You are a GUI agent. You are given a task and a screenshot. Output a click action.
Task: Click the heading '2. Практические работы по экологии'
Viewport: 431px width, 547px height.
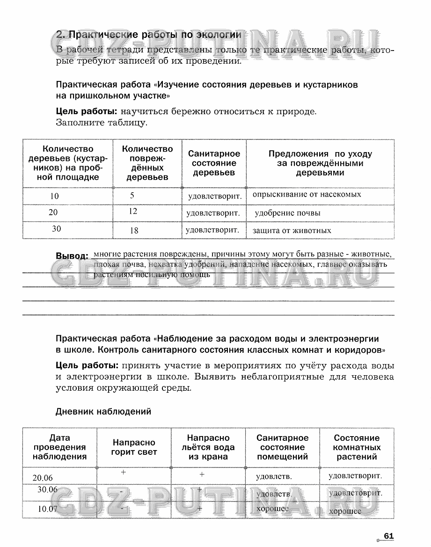[148, 35]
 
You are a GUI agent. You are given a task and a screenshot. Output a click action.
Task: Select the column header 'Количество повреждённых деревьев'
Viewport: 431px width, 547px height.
[147, 163]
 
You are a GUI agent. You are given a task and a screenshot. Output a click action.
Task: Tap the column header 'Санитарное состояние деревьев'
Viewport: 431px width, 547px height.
[214, 163]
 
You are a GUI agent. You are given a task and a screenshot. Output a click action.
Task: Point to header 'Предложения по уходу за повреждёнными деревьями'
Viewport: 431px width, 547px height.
[320, 163]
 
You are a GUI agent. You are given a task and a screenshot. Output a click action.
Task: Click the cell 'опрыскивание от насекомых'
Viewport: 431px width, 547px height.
[307, 194]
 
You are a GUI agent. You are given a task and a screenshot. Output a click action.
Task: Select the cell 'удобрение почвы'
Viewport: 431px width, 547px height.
[288, 213]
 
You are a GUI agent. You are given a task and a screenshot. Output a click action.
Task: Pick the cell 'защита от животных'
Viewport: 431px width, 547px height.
[292, 230]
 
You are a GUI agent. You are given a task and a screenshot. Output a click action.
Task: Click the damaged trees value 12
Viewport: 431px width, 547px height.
[133, 211]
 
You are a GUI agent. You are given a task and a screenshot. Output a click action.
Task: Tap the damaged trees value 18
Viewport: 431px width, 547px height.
[134, 230]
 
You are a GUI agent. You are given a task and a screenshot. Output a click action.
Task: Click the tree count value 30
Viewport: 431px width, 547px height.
[56, 229]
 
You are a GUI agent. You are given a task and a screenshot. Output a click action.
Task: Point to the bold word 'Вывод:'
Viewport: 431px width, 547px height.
[72, 256]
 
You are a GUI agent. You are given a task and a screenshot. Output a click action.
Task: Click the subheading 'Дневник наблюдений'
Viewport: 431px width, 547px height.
[103, 412]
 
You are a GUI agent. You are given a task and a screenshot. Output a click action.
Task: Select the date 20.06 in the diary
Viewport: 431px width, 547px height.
[43, 478]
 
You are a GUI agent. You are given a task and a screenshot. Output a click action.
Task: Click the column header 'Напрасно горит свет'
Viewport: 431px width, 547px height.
[134, 447]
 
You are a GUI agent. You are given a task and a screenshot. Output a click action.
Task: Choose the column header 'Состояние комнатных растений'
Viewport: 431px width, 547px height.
[357, 447]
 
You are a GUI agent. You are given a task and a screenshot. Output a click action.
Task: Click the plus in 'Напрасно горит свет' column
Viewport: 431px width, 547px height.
[124, 473]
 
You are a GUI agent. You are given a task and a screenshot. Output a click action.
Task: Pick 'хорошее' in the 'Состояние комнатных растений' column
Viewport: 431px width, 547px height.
[345, 511]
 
